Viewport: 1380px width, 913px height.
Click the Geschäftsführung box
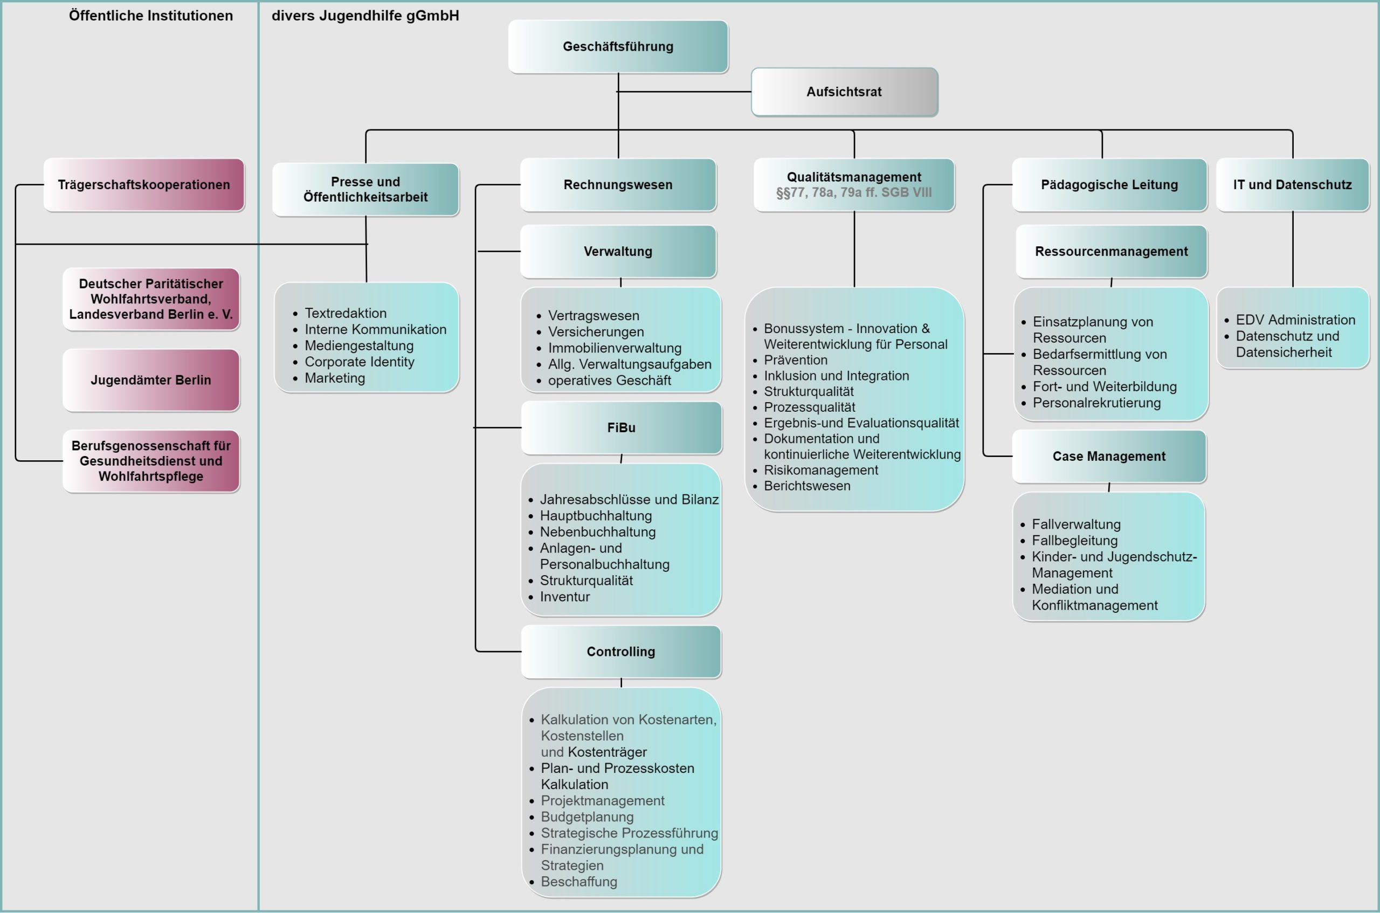click(618, 46)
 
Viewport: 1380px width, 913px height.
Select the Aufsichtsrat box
click(844, 92)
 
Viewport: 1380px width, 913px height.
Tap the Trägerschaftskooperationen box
click(144, 184)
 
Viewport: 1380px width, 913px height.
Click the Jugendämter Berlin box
click(151, 380)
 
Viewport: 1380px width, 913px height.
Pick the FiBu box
click(622, 428)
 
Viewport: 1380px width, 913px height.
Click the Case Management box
click(1109, 456)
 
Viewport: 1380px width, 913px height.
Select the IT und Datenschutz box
click(1292, 184)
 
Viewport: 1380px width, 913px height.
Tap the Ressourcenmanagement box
click(1111, 252)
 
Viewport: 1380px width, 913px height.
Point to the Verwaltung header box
click(618, 252)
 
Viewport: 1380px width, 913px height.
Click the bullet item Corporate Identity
click(359, 362)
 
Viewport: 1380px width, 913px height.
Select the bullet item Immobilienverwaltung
click(615, 348)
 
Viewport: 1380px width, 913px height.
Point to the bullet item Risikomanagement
click(820, 470)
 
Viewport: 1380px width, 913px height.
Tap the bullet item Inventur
click(565, 597)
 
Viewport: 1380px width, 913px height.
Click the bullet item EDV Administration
click(1295, 320)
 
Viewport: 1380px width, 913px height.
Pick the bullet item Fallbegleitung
click(1074, 541)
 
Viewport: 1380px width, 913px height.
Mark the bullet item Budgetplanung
click(587, 817)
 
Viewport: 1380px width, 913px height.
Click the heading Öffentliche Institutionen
click(151, 16)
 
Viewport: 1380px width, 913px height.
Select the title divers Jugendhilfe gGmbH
click(365, 16)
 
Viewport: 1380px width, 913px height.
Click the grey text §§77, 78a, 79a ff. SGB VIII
click(854, 193)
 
